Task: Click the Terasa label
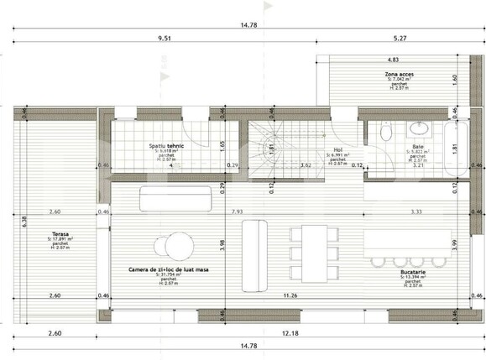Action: pos(59,233)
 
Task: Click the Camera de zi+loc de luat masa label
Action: pos(170,269)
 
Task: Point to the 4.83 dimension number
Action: pos(392,60)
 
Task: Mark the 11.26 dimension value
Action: pos(290,295)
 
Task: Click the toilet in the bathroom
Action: pos(385,132)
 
